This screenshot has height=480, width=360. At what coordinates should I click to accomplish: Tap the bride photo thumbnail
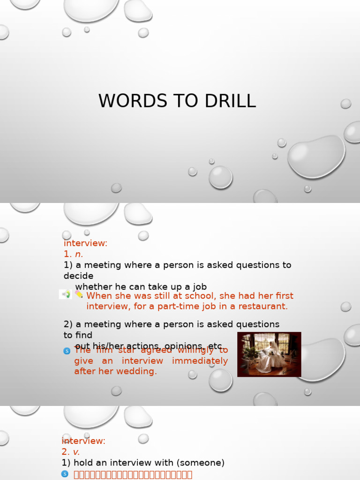click(269, 354)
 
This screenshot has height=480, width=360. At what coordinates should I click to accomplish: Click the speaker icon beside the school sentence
click(66, 294)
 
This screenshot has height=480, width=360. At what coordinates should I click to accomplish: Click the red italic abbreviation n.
click(79, 254)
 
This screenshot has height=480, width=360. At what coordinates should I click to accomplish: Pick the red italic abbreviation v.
click(77, 452)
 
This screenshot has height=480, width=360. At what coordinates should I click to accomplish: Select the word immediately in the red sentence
click(200, 361)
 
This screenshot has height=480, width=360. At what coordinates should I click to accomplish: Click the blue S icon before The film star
click(67, 351)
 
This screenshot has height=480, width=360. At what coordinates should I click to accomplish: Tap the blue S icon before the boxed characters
click(65, 474)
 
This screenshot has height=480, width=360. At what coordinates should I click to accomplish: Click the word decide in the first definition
click(78, 276)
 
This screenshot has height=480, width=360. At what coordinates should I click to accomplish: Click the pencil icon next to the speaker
click(78, 294)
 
